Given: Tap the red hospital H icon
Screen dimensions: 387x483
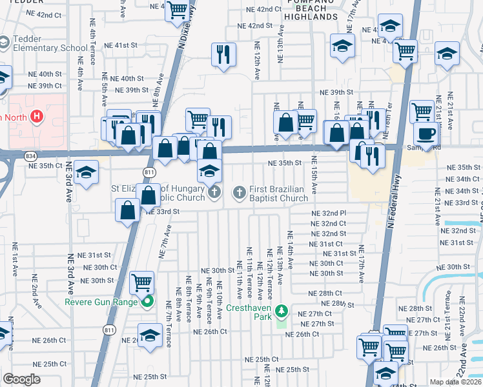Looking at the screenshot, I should (37, 117).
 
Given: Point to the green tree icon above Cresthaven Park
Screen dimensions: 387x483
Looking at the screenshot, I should (281, 312).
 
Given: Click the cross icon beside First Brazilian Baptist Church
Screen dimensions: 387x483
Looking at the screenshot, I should (239, 192).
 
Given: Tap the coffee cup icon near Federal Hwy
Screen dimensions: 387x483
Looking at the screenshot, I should (425, 134).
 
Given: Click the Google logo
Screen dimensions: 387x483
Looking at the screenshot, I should (21, 379).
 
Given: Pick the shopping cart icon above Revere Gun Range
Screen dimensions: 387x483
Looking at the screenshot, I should (141, 282).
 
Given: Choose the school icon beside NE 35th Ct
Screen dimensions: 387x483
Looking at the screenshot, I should (85, 172).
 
